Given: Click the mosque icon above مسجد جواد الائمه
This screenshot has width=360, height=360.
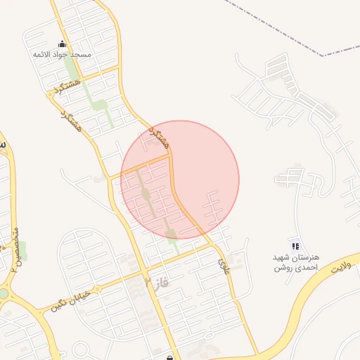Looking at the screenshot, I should click(61, 44).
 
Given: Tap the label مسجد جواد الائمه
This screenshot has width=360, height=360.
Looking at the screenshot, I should click(62, 53).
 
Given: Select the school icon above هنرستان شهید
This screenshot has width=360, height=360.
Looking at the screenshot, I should click(296, 246).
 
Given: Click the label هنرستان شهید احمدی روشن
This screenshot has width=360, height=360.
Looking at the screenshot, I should click(296, 262).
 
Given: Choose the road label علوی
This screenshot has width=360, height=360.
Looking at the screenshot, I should click(224, 265).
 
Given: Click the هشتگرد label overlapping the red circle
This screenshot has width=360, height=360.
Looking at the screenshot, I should click(161, 137).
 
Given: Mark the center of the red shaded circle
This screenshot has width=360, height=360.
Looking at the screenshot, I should click(180, 179).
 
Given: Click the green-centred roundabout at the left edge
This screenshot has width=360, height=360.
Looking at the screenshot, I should click(4, 293).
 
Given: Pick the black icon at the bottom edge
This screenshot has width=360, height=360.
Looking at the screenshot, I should click(170, 357).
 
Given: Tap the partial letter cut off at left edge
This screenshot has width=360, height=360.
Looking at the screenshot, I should click(2, 144).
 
